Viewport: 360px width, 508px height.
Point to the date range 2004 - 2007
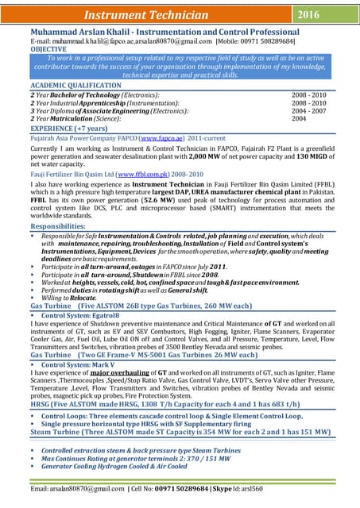point(309,111)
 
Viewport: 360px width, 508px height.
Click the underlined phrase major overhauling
point(122,371)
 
